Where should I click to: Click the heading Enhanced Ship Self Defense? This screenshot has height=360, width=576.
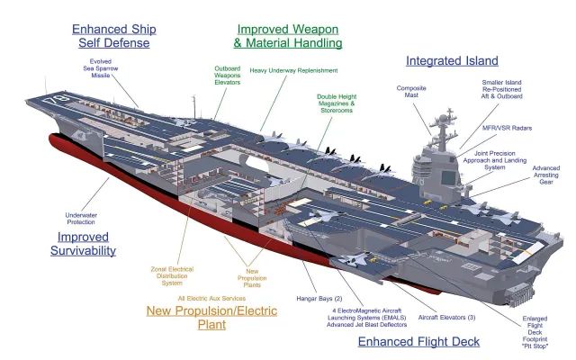point(112,35)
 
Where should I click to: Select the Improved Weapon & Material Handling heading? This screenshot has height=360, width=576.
point(288,35)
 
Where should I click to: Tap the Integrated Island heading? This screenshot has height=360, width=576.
point(452,61)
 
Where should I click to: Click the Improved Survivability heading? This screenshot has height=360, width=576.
point(83,243)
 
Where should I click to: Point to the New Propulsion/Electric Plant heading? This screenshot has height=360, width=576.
point(211,317)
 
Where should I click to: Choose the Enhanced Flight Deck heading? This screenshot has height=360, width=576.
point(418,341)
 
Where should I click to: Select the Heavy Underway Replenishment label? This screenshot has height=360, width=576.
point(294,70)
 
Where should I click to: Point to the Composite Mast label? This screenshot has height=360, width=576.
point(411,93)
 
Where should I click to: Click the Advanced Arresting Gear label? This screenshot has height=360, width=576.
point(545,173)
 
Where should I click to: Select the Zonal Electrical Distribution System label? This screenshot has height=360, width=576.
point(172,275)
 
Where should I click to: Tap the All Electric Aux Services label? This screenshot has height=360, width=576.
point(212,298)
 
